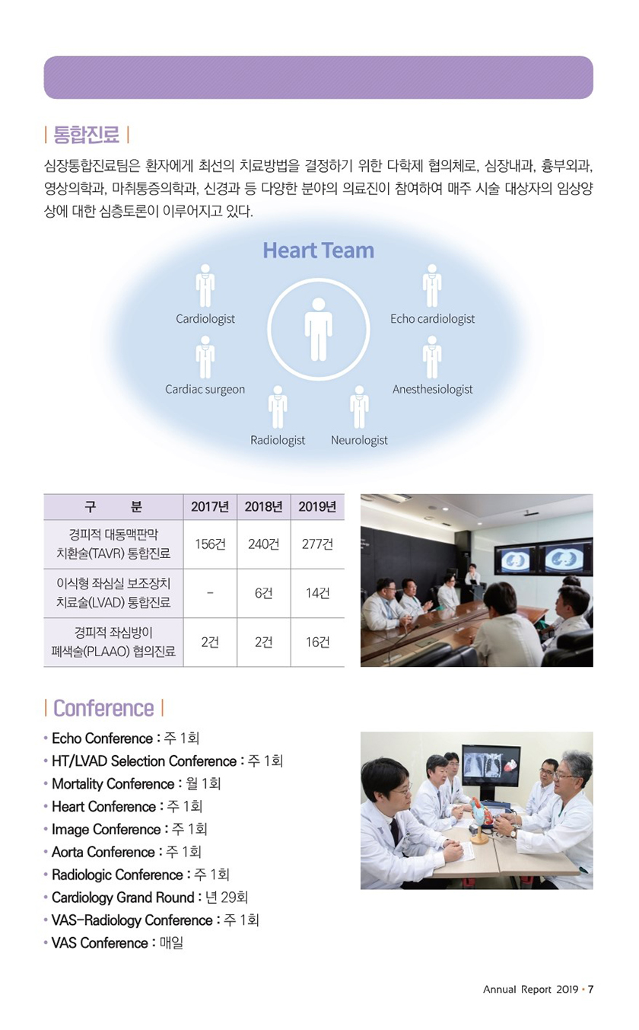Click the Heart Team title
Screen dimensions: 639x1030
coord(318,250)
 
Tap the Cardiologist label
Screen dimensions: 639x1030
coord(205,319)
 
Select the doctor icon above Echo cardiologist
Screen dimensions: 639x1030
coord(432,285)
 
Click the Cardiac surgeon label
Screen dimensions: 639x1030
coord(205,390)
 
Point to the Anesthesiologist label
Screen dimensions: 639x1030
coord(432,390)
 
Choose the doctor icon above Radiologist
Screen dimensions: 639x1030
coord(278,407)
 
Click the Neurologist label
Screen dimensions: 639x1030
coord(359,440)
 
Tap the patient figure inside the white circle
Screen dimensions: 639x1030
coord(318,329)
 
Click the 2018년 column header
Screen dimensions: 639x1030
coord(264,507)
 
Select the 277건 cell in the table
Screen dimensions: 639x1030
coord(317,544)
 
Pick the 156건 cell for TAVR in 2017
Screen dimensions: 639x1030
coord(210,544)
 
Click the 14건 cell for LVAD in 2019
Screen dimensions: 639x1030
coord(317,593)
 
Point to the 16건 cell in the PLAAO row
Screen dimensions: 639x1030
coord(317,642)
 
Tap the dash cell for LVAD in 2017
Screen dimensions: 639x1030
coord(210,593)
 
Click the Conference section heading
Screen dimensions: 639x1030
coord(103,708)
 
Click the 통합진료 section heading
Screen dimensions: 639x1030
coord(87,135)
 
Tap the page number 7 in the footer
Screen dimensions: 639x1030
coord(590,989)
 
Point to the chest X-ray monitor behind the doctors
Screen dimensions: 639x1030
coord(491,765)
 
